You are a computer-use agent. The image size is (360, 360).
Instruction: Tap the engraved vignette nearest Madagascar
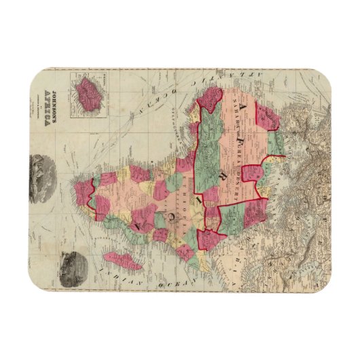point(71,261)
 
